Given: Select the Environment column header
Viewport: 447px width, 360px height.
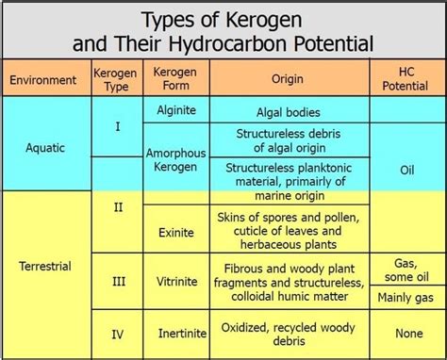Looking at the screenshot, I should click(43, 80).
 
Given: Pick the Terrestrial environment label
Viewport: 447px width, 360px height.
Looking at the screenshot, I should click(44, 267).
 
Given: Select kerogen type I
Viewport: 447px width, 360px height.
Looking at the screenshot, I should click(117, 124).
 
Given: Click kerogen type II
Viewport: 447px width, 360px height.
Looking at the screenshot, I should click(117, 206).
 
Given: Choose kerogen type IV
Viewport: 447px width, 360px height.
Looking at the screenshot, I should click(117, 333).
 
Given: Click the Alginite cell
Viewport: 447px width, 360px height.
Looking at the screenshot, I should click(175, 110).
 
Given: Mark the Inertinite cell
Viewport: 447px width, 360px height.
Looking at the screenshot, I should click(175, 333).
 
